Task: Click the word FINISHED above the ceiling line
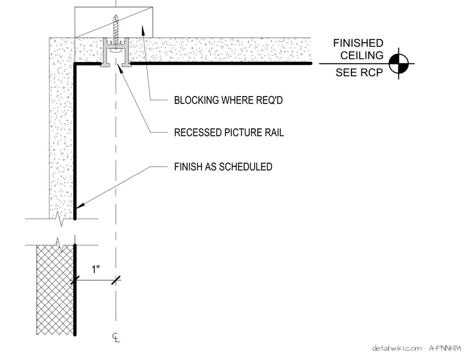[x=358, y=43]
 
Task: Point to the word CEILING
[x=362, y=56]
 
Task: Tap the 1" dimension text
[x=96, y=269]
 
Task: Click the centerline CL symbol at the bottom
[x=116, y=338]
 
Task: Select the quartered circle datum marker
[x=398, y=64]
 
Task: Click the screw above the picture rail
[x=116, y=29]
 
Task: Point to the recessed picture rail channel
[x=116, y=52]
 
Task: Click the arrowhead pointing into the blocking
[x=143, y=30]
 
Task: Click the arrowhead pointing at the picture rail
[x=120, y=67]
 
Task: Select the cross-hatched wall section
[x=55, y=290]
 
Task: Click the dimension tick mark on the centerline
[x=116, y=281]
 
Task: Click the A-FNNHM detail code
[x=444, y=348]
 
